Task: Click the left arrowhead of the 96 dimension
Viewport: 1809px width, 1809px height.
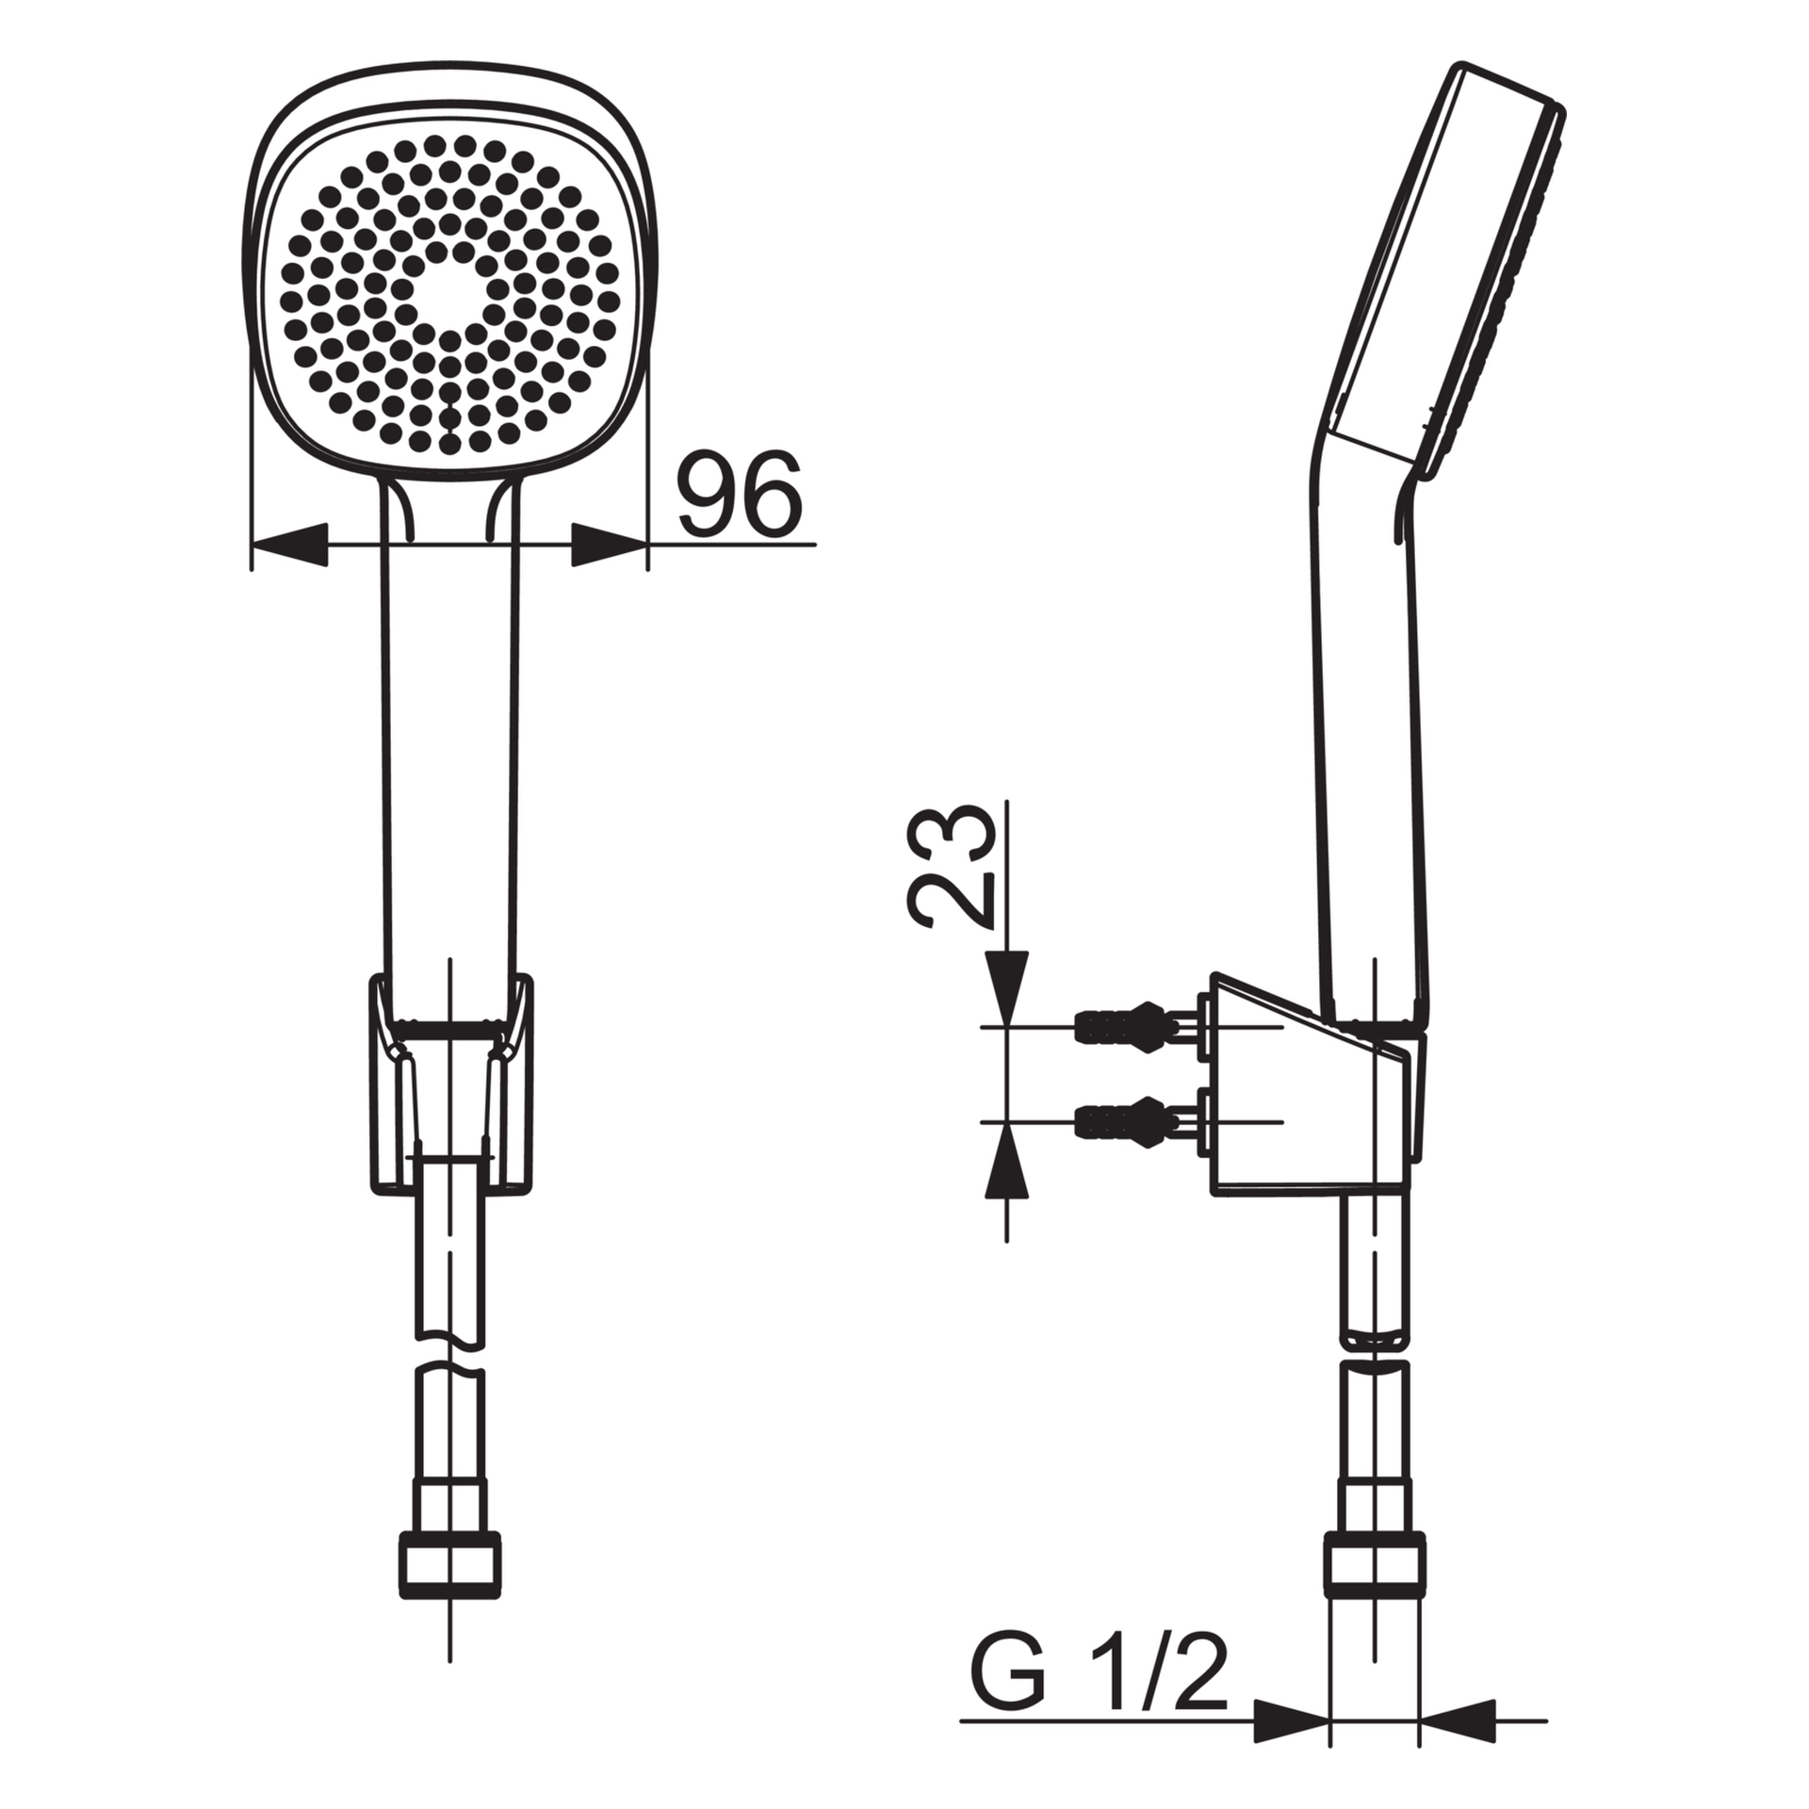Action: (288, 545)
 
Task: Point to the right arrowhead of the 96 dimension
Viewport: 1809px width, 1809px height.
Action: (611, 545)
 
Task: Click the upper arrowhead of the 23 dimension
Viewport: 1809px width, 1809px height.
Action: (1006, 988)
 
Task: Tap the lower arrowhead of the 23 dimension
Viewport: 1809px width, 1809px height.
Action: (1006, 1160)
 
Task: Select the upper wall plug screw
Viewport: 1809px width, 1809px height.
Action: (1135, 1025)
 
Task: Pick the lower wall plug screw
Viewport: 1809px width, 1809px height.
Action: (1135, 1121)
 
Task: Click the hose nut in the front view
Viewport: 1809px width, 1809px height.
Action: (450, 1564)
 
